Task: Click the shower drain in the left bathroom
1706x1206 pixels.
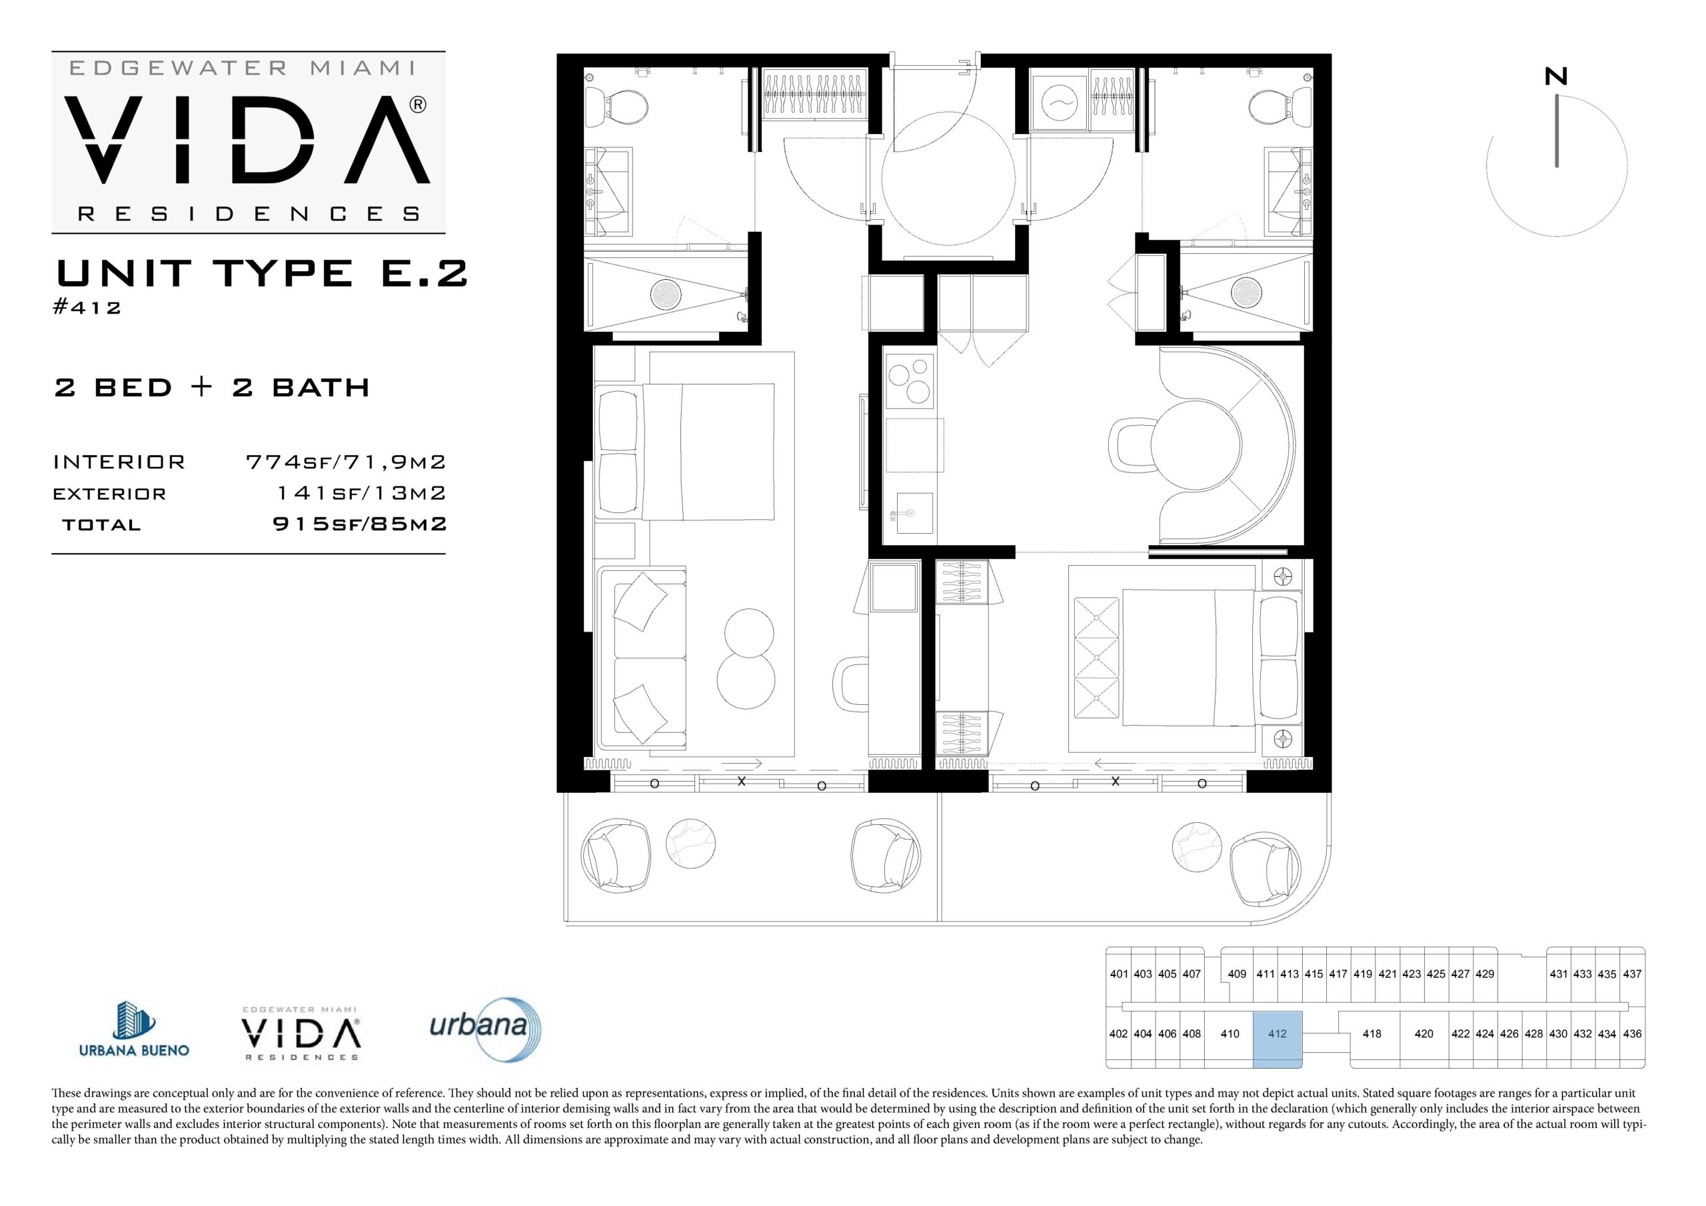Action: [x=666, y=295]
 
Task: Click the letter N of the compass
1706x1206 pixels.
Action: [x=1556, y=77]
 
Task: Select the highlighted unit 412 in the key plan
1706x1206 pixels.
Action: [x=1278, y=1038]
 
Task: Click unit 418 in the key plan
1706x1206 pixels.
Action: [x=1371, y=1033]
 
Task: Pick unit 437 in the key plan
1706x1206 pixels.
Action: [x=1632, y=973]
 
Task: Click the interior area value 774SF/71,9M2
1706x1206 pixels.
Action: [x=345, y=462]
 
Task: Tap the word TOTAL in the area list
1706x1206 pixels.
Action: [x=101, y=524]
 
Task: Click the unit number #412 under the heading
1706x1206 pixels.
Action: [x=87, y=307]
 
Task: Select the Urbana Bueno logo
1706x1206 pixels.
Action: [x=134, y=1029]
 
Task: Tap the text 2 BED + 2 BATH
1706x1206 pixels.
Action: [x=212, y=387]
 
